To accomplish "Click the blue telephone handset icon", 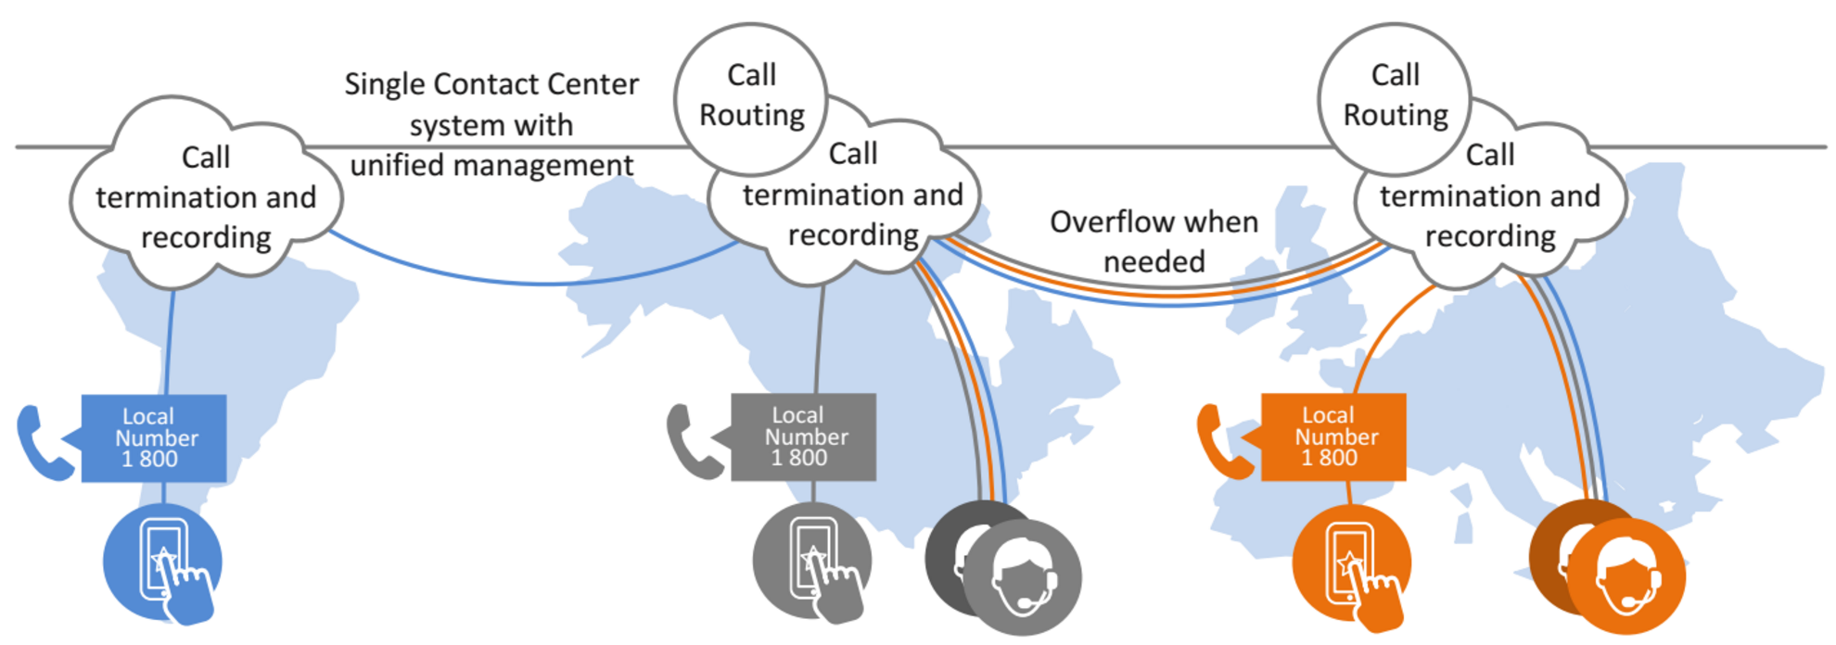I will pyautogui.click(x=43, y=443).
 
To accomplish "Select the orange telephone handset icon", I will pyautogui.click(x=1223, y=441).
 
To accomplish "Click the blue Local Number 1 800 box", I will pyautogui.click(x=154, y=438).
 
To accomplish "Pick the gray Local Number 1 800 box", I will pyautogui.click(x=803, y=437).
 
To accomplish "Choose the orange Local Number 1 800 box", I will pyautogui.click(x=1333, y=437).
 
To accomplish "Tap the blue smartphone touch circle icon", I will pyautogui.click(x=162, y=563).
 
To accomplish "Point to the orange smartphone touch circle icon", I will pyautogui.click(x=1351, y=563).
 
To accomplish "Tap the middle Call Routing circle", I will pyautogui.click(x=751, y=95).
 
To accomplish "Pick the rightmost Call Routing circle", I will pyautogui.click(x=1395, y=95).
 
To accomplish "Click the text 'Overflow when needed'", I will pyautogui.click(x=1154, y=242).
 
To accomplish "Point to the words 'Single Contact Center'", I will pyautogui.click(x=491, y=84).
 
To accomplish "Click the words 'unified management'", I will pyautogui.click(x=491, y=166).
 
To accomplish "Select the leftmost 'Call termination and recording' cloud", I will pyautogui.click(x=206, y=197).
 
